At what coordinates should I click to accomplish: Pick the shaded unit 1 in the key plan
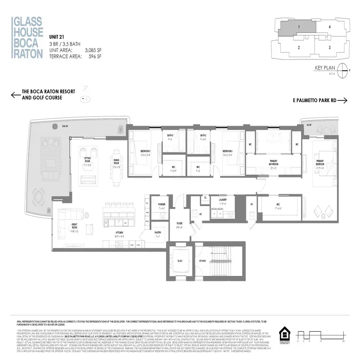pos(299,27)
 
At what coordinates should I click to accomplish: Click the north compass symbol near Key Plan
pos(343,70)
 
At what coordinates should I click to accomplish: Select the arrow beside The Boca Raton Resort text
pos(15,94)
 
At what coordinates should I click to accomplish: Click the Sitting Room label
pos(88,159)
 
